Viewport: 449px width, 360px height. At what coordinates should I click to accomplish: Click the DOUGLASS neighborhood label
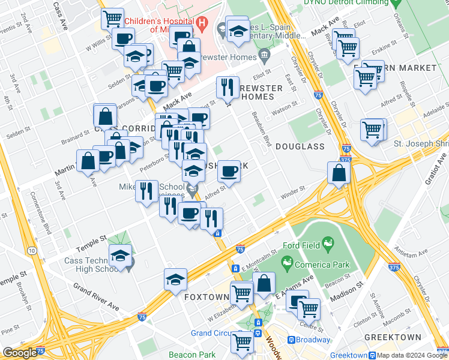[301, 146]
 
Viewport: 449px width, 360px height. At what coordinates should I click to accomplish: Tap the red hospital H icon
[202, 25]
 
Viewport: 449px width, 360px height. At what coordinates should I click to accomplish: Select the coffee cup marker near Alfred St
[228, 172]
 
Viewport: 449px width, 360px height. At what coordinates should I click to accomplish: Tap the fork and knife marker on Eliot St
[228, 88]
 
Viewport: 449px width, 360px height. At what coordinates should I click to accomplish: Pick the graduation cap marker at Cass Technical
[120, 255]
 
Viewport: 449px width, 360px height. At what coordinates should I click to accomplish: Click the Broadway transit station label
[313, 340]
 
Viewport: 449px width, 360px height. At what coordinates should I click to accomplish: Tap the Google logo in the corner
[19, 352]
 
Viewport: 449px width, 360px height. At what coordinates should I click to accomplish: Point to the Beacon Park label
[191, 355]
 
